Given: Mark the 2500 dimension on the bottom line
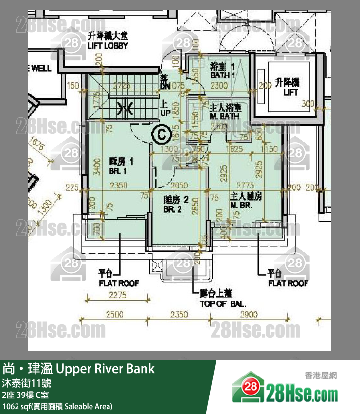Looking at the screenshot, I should [x=115, y=315].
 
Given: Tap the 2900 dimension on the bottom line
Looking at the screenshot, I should [x=248, y=315].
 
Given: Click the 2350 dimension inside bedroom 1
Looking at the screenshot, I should [x=118, y=185].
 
